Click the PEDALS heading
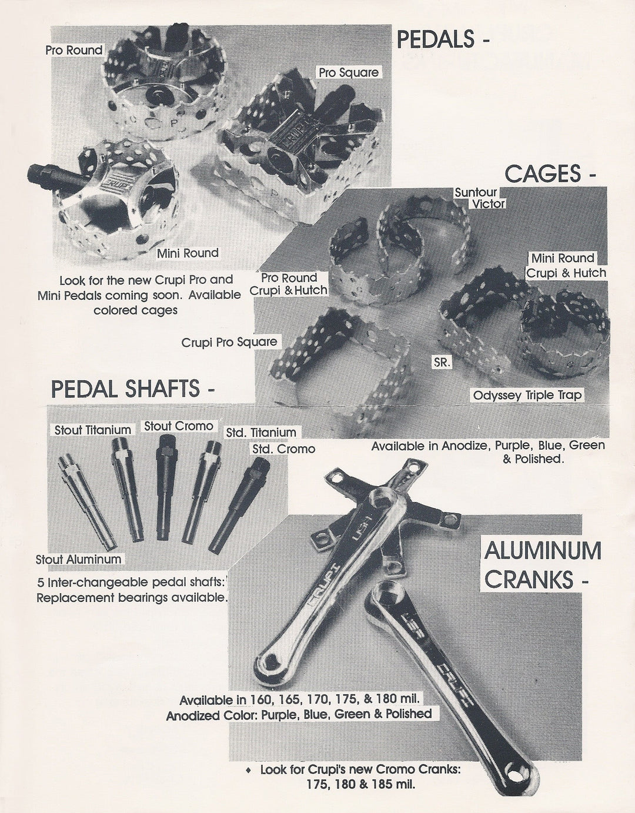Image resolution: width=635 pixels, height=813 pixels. (x=443, y=39)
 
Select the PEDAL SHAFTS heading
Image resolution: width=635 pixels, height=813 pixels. (x=133, y=389)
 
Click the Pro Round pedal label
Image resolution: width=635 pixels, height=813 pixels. (x=74, y=51)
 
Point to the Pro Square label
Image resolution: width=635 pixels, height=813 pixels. (x=348, y=72)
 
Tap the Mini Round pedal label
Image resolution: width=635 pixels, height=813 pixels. (x=188, y=253)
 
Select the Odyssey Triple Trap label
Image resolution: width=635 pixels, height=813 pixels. (x=527, y=395)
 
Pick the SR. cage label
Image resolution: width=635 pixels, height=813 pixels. (x=442, y=363)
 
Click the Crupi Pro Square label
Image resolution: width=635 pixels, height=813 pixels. (x=229, y=342)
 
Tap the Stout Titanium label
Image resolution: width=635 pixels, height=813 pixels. (x=92, y=430)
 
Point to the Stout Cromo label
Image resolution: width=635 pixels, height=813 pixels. (x=179, y=426)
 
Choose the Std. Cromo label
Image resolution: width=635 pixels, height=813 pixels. (x=283, y=449)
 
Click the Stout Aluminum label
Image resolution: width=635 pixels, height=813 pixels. (x=78, y=560)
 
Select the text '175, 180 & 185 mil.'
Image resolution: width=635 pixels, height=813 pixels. (x=360, y=784)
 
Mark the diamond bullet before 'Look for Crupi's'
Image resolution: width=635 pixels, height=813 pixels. (x=249, y=770)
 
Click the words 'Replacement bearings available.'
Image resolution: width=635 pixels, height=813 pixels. (x=131, y=598)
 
